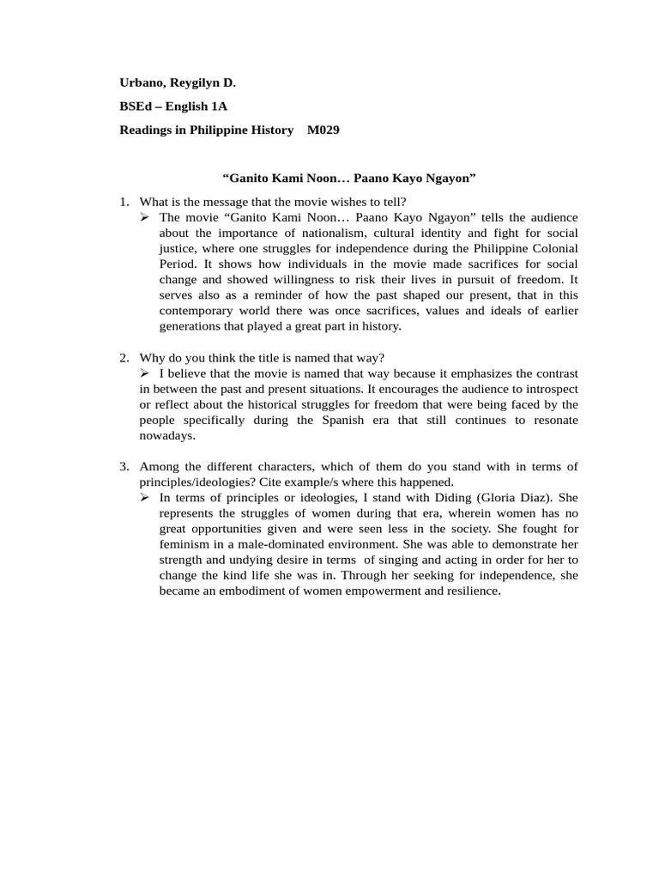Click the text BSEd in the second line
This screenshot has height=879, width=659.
(x=136, y=106)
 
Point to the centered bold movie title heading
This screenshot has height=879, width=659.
(x=349, y=178)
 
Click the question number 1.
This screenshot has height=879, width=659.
(x=124, y=202)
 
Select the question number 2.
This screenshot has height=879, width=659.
(x=124, y=357)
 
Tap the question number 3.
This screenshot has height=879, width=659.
(x=124, y=467)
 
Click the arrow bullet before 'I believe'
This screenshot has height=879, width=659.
(x=145, y=373)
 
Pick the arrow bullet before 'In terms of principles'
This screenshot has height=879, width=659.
(x=145, y=498)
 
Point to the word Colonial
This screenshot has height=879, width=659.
(x=553, y=249)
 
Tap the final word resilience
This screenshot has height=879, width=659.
(x=469, y=591)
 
